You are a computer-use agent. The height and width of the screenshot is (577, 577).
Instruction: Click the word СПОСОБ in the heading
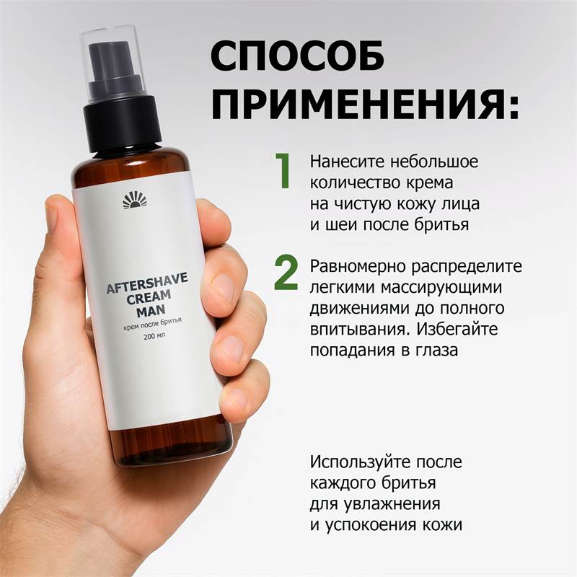[298, 56]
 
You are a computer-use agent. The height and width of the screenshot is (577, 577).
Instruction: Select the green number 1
[283, 170]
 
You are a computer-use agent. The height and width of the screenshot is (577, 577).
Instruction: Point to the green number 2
[286, 273]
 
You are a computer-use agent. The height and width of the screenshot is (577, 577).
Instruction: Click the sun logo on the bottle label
[135, 201]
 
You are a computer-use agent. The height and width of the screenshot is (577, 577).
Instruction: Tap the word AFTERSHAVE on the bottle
[147, 283]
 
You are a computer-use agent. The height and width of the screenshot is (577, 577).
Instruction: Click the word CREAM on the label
[149, 297]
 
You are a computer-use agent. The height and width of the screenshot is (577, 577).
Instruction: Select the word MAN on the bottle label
[151, 311]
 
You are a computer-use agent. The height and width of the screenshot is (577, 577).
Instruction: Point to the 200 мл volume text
[155, 335]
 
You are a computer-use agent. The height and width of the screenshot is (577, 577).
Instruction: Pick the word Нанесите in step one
[347, 162]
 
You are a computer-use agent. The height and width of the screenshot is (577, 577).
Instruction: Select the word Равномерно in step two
[357, 266]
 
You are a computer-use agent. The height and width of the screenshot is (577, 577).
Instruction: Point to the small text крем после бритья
[152, 324]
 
